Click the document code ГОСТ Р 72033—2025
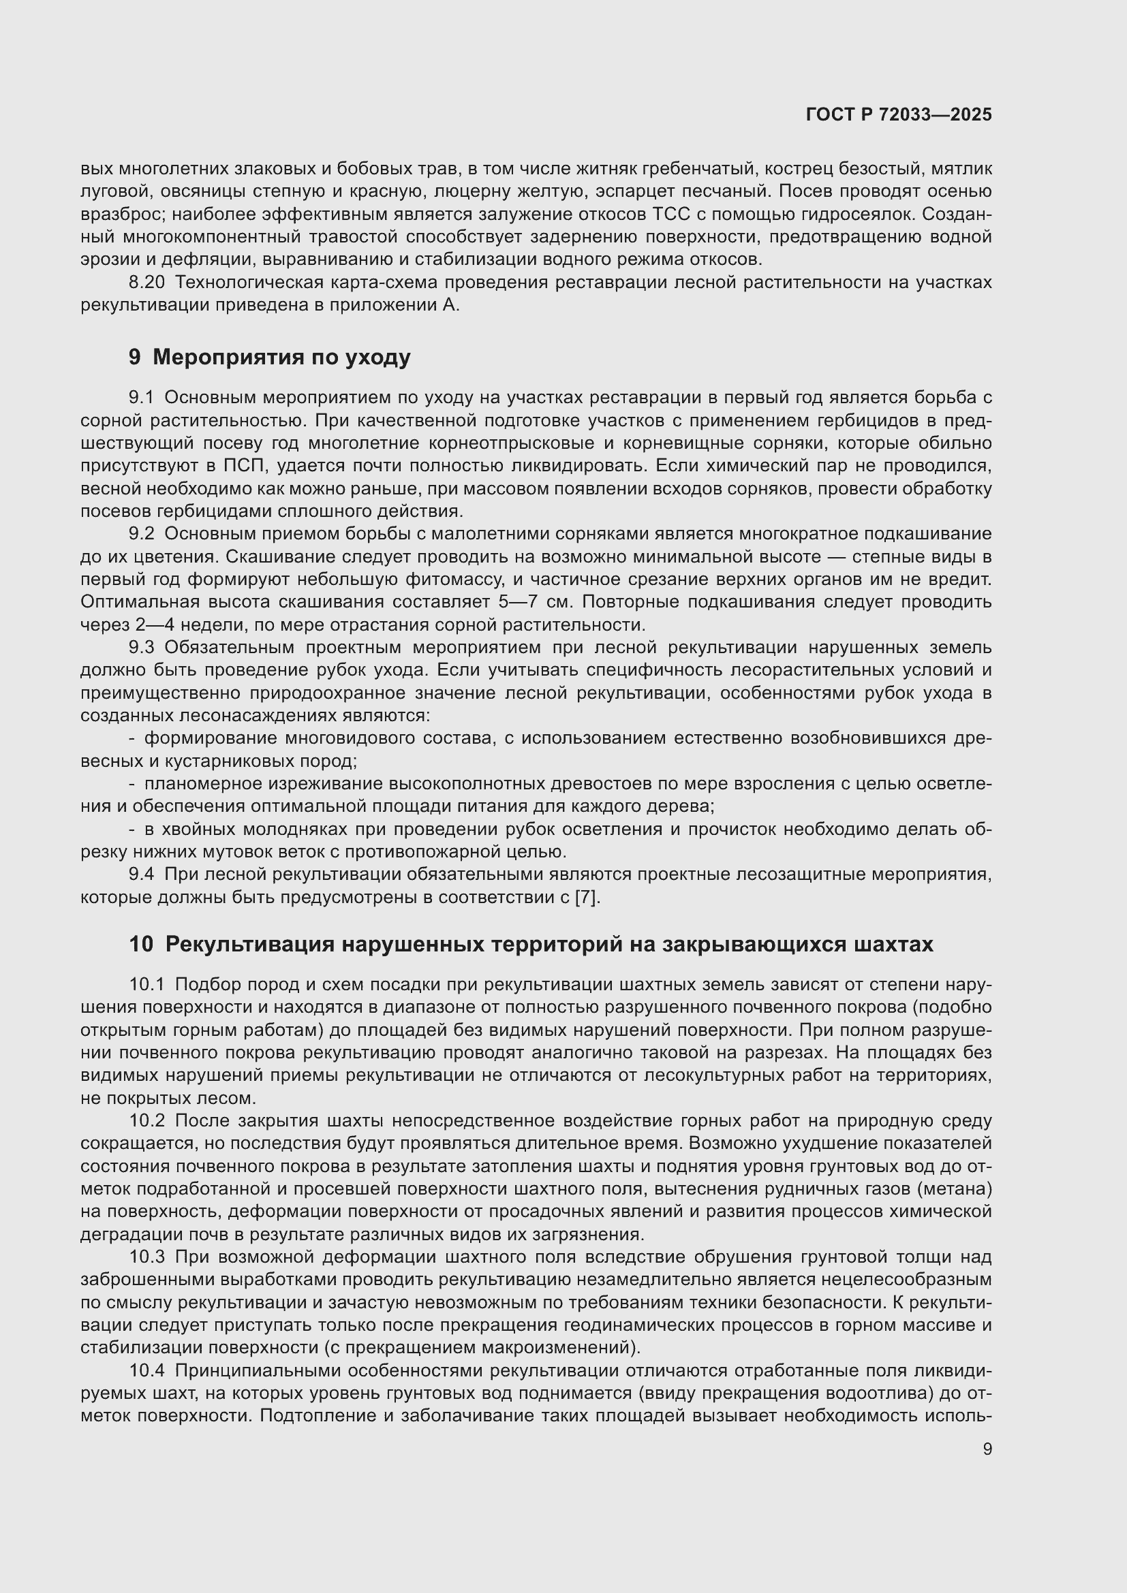click(899, 114)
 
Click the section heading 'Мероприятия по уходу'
click(281, 358)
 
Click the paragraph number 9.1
click(141, 398)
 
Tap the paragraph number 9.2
click(141, 533)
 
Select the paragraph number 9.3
click(141, 647)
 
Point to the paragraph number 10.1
click(146, 985)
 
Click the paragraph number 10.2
click(146, 1120)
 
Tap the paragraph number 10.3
click(146, 1257)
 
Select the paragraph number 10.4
click(146, 1370)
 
